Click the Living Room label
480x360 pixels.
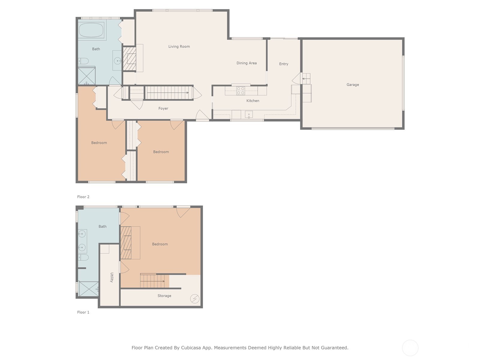(179, 46)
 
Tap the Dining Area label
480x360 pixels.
(247, 63)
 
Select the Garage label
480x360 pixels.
(352, 85)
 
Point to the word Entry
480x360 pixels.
(283, 64)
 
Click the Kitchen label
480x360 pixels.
(253, 100)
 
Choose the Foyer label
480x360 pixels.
(163, 108)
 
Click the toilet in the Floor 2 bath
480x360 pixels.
(83, 61)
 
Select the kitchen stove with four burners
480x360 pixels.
(241, 91)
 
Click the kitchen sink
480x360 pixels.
(249, 114)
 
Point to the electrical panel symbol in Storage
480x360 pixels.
(195, 298)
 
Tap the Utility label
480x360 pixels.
(112, 277)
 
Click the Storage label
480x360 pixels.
(164, 296)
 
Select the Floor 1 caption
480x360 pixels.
(83, 312)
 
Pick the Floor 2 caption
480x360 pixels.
(83, 197)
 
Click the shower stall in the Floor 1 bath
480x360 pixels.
(88, 289)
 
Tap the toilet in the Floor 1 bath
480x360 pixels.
(83, 257)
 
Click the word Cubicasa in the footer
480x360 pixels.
(191, 347)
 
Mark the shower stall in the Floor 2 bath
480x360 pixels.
(87, 76)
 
